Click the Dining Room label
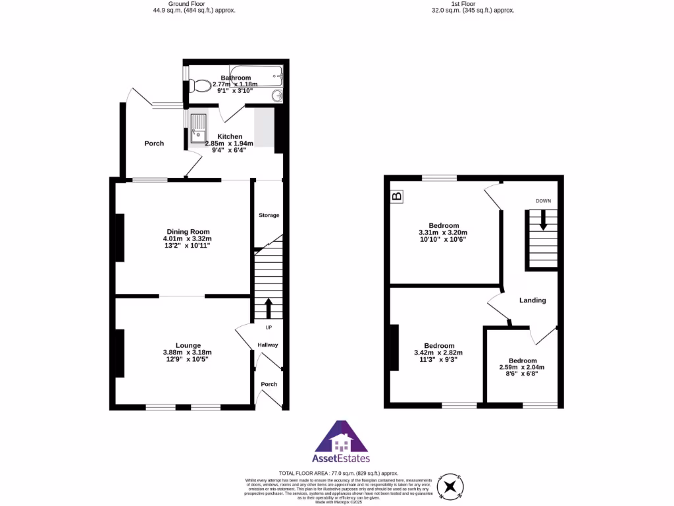pyautogui.click(x=188, y=232)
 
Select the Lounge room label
pyautogui.click(x=188, y=345)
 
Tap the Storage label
pyautogui.click(x=269, y=215)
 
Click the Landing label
pyautogui.click(x=532, y=300)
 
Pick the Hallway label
pyautogui.click(x=268, y=345)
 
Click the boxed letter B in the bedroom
pyautogui.click(x=397, y=196)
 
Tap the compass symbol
pyautogui.click(x=452, y=486)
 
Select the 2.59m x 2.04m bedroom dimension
pyautogui.click(x=522, y=368)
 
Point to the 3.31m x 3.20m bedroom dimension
pyautogui.click(x=442, y=233)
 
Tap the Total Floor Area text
pyautogui.click(x=338, y=473)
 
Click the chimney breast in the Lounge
pyautogui.click(x=120, y=353)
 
